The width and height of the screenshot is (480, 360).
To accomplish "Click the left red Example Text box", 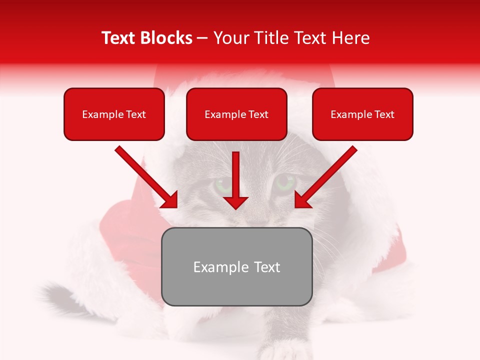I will tap(114, 114).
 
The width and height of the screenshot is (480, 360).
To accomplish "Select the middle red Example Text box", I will tap(236, 114).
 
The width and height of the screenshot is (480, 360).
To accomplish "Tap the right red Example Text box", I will tap(362, 114).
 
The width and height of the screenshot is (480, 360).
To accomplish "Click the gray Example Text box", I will tap(236, 266).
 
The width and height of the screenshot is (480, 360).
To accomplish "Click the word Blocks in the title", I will tap(166, 38).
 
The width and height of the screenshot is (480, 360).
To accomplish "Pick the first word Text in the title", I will tap(120, 38).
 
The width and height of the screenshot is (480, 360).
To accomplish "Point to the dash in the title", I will tap(202, 38).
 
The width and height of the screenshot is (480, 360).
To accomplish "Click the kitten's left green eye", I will tap(224, 185).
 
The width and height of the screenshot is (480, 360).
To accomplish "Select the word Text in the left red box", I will tap(135, 114).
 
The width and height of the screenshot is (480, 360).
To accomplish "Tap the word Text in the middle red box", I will tap(258, 114).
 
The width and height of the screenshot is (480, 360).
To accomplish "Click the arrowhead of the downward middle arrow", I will tap(235, 202).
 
